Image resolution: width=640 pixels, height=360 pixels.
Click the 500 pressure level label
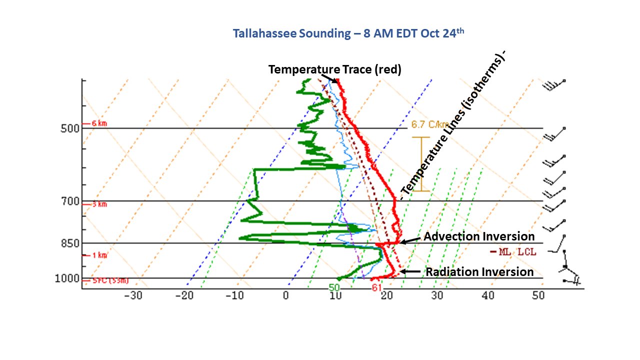pyautogui.click(x=69, y=128)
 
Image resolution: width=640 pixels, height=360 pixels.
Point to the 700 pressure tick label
pyautogui.click(x=69, y=201)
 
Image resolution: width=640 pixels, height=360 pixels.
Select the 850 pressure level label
pyautogui.click(x=69, y=243)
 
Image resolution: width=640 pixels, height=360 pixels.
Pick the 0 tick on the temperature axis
pyautogui.click(x=285, y=295)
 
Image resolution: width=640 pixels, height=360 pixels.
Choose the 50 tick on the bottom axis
pyautogui.click(x=538, y=295)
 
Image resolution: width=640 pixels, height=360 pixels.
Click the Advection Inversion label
pyautogui.click(x=479, y=236)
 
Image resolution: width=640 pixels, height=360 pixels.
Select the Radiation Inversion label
pyautogui.click(x=479, y=272)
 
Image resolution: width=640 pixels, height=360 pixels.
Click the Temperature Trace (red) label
pyautogui.click(x=335, y=69)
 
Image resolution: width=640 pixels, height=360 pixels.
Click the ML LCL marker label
pyautogui.click(x=514, y=252)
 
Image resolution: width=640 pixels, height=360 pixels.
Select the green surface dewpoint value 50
pyautogui.click(x=334, y=287)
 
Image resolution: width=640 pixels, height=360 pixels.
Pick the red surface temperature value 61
pyautogui.click(x=376, y=287)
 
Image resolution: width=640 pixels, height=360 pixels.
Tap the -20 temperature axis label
pyautogui.click(x=184, y=295)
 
